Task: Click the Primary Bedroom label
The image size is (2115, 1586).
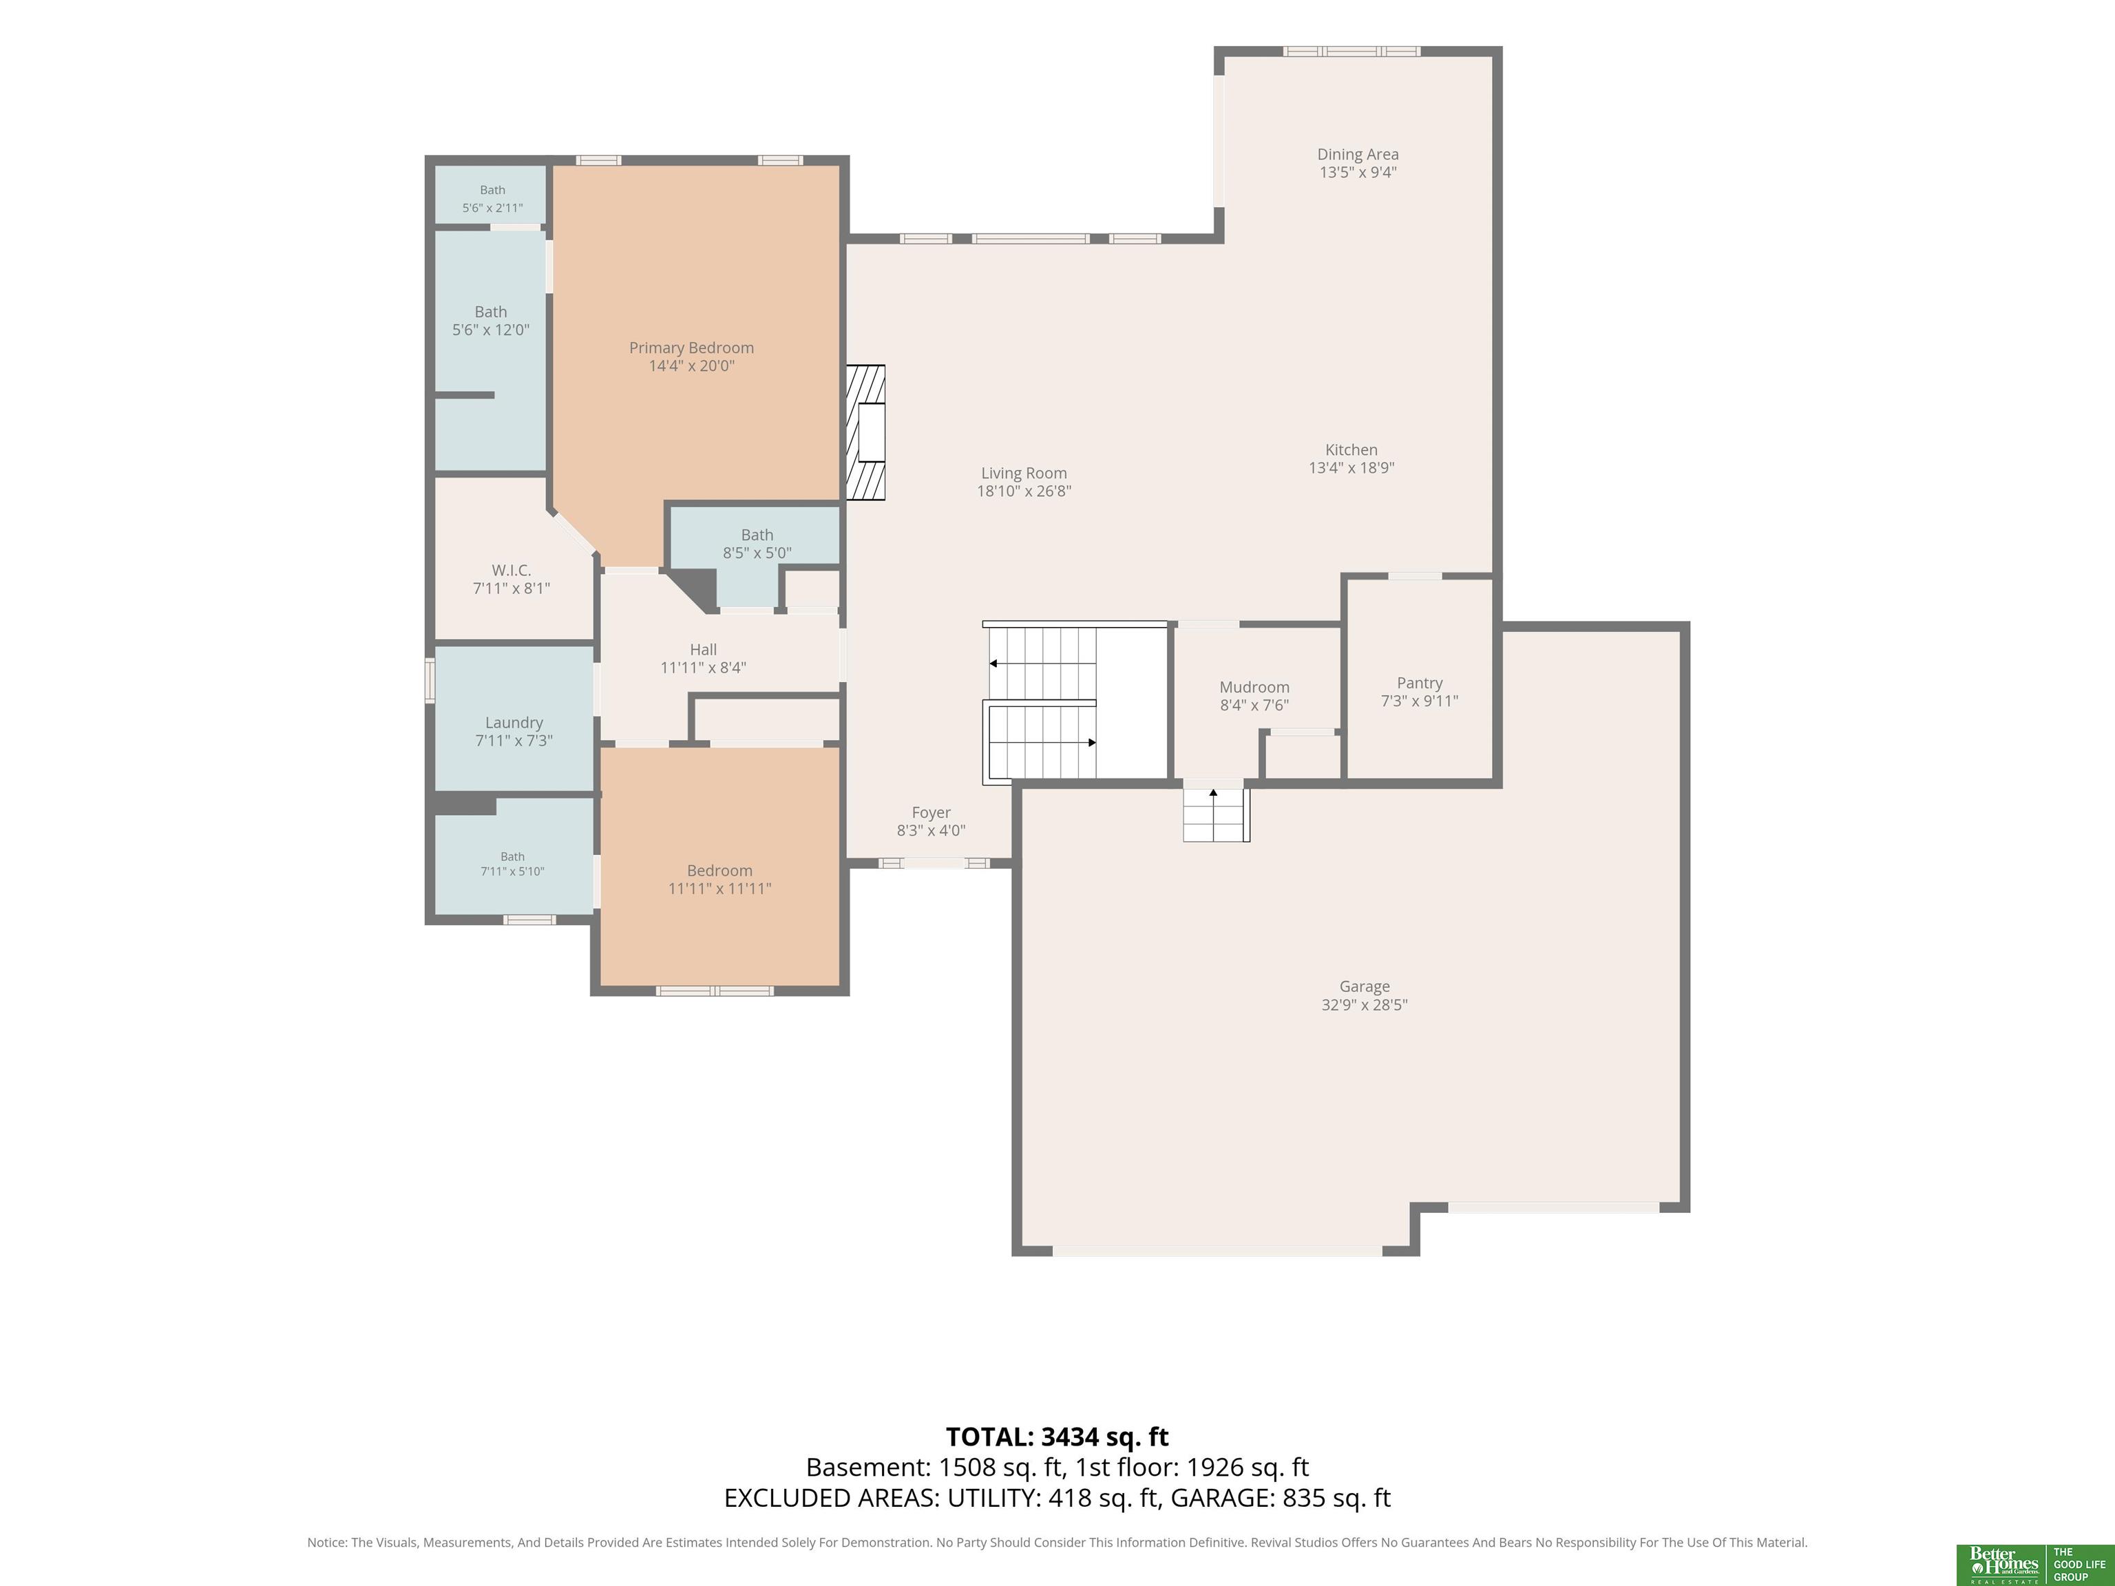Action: click(691, 348)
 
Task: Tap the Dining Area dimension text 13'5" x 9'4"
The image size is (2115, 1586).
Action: click(1358, 173)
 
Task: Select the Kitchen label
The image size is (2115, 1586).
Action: click(1351, 450)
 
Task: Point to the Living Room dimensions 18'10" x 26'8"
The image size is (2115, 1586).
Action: click(1024, 491)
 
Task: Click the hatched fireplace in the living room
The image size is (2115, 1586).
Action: click(865, 432)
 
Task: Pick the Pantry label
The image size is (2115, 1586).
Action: click(1420, 683)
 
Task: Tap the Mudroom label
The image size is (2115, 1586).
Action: click(1254, 688)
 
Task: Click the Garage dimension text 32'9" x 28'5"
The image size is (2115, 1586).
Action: click(1365, 1005)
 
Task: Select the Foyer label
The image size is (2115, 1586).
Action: click(932, 812)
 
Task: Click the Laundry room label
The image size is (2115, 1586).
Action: click(514, 723)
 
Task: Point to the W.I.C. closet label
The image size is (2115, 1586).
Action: click(512, 571)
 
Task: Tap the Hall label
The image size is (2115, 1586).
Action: click(703, 650)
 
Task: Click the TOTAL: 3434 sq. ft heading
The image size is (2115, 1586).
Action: click(1057, 1437)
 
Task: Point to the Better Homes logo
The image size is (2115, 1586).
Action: click(2000, 1565)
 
